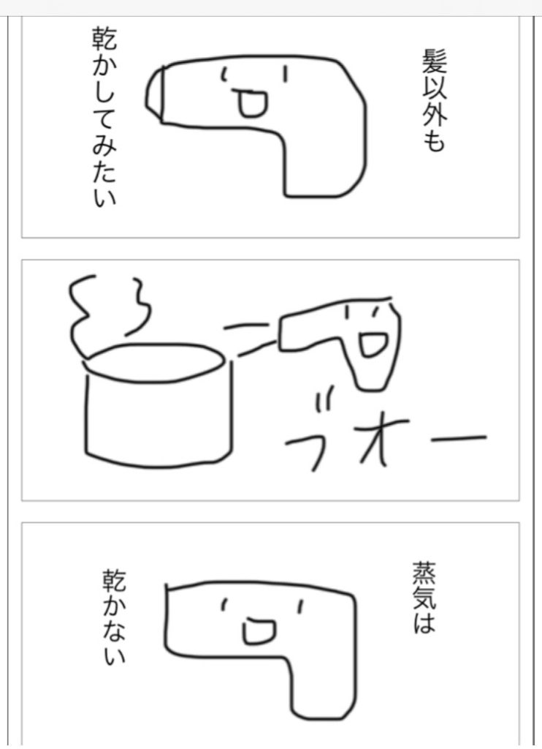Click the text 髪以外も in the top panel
tap(433, 99)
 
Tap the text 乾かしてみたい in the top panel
tap(104, 117)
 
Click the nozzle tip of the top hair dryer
tap(154, 95)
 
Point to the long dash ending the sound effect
tap(459, 438)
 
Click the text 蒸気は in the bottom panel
tap(424, 598)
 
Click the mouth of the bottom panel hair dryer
tap(258, 631)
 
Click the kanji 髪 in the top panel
tap(433, 59)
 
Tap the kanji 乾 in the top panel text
tap(104, 39)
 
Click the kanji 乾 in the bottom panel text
tap(113, 580)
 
